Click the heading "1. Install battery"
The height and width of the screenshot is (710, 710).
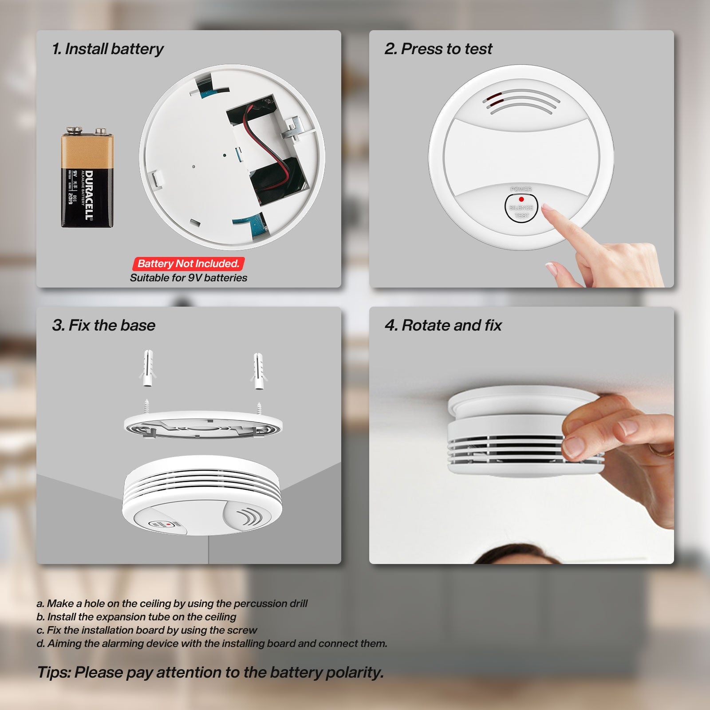(x=108, y=49)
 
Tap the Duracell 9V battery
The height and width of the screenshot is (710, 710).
(x=87, y=177)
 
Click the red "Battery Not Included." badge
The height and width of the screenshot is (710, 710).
(x=188, y=264)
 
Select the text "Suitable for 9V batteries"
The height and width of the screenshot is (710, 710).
(x=188, y=278)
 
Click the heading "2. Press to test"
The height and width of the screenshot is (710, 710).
(x=438, y=49)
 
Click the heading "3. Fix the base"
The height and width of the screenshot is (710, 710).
(x=104, y=325)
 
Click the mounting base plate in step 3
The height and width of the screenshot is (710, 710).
(x=203, y=425)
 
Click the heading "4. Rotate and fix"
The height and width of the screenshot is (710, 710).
(x=443, y=325)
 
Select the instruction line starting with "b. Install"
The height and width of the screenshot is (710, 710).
(x=136, y=617)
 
